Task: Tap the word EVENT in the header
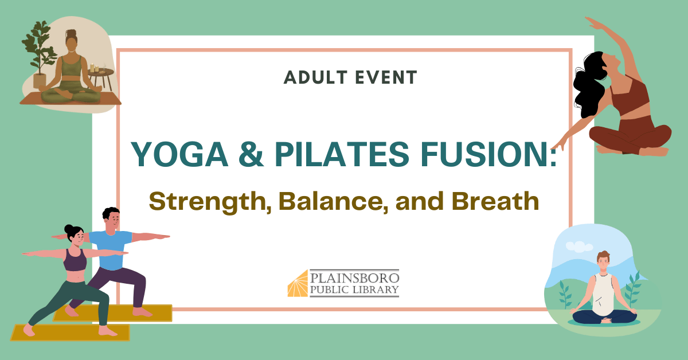click(x=386, y=77)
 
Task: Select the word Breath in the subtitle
click(x=495, y=201)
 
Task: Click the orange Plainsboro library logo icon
click(x=298, y=284)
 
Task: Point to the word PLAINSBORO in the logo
click(x=354, y=277)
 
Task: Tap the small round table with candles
click(x=101, y=77)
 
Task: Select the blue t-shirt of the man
click(x=111, y=249)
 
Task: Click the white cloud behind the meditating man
click(x=579, y=246)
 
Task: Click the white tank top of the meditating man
click(x=603, y=294)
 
